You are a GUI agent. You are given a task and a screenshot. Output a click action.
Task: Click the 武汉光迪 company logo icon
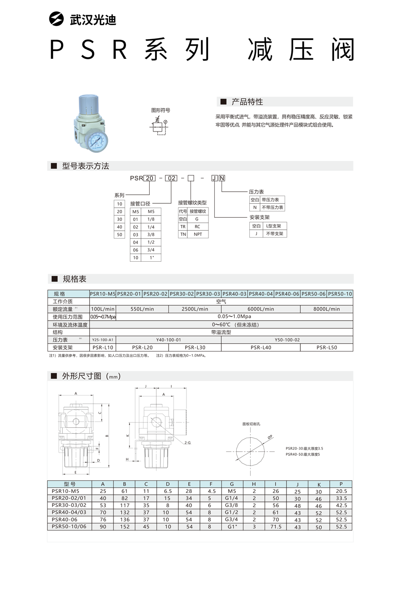pyautogui.click(x=57, y=19)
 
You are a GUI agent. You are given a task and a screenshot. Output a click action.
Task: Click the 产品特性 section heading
pyautogui.click(x=247, y=101)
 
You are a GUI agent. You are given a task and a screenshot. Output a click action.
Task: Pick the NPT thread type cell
pyautogui.click(x=198, y=234)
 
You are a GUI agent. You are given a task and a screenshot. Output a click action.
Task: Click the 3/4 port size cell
pyautogui.click(x=151, y=250)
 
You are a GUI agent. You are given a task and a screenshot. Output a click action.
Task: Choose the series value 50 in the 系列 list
pyautogui.click(x=119, y=234)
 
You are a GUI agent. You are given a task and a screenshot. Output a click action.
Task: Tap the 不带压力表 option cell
pyautogui.click(x=273, y=207)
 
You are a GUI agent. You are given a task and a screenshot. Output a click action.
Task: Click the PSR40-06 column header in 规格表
pyautogui.click(x=287, y=294)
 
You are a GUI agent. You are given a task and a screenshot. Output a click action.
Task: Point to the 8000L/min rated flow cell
pyautogui.click(x=327, y=309)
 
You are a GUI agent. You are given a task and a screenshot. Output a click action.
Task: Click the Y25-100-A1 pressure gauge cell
pyautogui.click(x=103, y=340)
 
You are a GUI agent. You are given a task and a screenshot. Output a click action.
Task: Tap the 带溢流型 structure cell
pyautogui.click(x=221, y=332)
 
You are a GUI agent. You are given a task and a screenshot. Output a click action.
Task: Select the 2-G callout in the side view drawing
pyautogui.click(x=187, y=442)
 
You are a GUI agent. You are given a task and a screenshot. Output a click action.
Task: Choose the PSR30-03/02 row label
pyautogui.click(x=69, y=505)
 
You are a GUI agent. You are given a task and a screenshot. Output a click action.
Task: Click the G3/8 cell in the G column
pyautogui.click(x=231, y=505)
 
